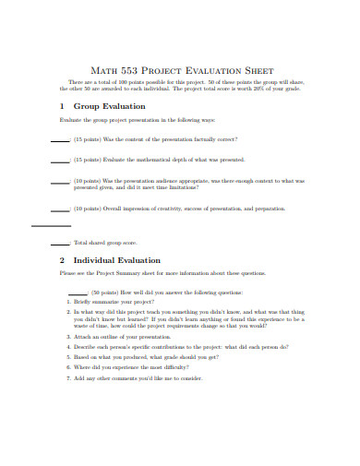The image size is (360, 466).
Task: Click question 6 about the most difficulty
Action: [134, 367]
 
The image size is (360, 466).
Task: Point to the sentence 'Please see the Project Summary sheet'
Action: [162, 273]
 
